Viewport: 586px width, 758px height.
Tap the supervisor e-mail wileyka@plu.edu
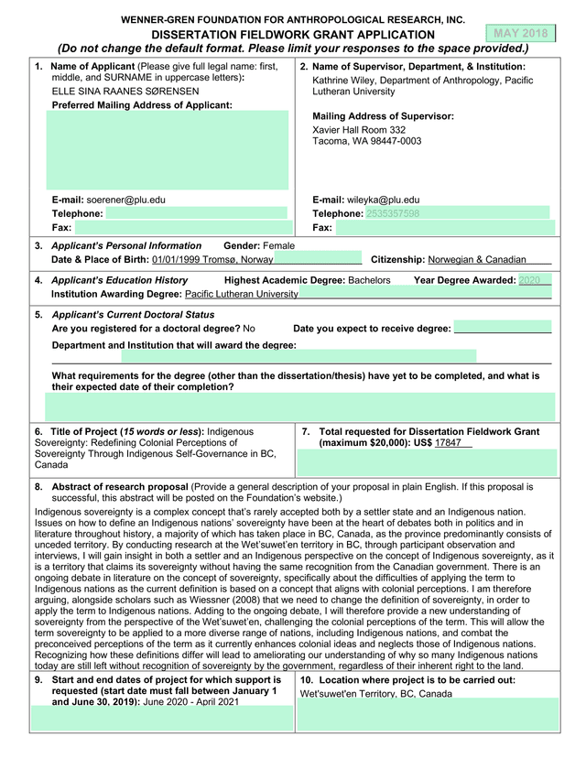coord(383,200)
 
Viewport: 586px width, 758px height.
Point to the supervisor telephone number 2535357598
coord(392,213)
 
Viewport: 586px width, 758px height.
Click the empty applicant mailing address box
coord(168,150)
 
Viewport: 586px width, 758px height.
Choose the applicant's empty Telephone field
coord(196,213)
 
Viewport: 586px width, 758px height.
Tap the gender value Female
coord(278,246)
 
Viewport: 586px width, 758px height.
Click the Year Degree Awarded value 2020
coord(529,280)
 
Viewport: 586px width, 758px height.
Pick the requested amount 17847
coord(449,443)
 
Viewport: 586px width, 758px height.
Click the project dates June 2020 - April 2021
coord(196,701)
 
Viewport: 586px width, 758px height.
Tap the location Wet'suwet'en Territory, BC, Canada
coord(375,694)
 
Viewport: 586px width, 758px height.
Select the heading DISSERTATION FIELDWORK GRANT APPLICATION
coord(293,34)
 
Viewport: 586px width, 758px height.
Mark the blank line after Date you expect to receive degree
coord(503,329)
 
